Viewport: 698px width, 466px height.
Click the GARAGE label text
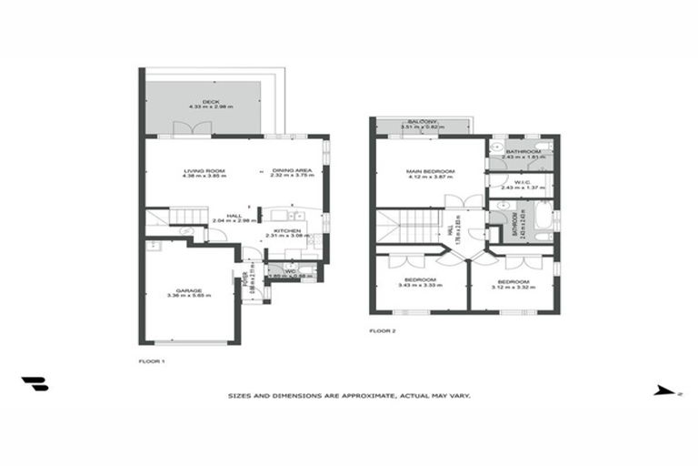pos(190,290)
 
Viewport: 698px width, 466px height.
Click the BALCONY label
pos(423,121)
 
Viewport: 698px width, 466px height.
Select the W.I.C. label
pos(522,182)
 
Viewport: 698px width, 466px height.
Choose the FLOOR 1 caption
pos(152,361)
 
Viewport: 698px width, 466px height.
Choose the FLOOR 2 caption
pos(383,330)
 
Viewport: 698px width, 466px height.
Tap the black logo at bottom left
pos(35,384)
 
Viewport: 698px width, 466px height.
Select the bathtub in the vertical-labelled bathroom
pos(543,223)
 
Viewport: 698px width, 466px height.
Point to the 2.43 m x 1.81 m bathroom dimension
pos(523,157)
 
